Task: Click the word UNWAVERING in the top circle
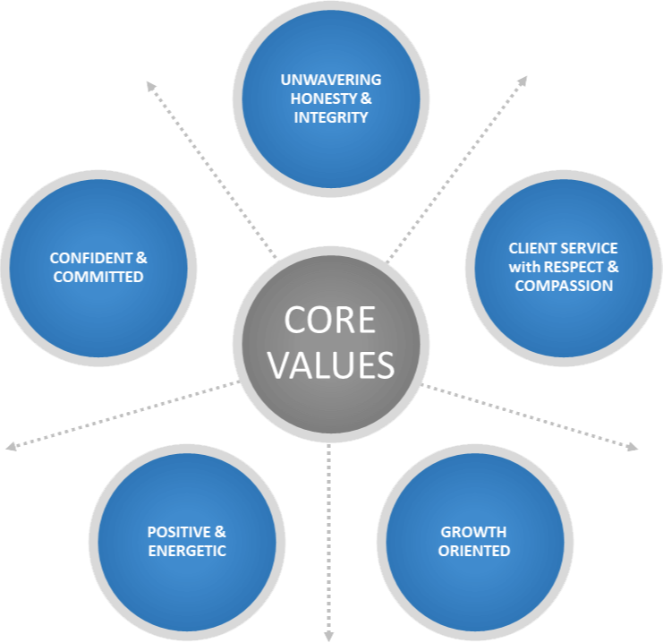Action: point(331,80)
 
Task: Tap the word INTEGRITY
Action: point(331,117)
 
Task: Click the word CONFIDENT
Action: point(91,258)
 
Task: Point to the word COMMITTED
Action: point(98,277)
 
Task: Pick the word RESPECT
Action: point(573,267)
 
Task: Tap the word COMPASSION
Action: point(564,286)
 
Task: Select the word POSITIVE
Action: point(179,532)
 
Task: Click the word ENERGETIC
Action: point(187,551)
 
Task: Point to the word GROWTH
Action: point(473,532)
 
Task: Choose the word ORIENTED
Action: point(474,551)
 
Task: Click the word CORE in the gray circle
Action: point(330,320)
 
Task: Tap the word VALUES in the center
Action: point(331,364)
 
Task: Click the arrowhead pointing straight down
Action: point(329,636)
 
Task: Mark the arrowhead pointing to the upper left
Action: point(150,86)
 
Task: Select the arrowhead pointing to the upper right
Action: point(523,81)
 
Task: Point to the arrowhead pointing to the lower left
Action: point(11,446)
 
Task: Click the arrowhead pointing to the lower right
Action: point(633,447)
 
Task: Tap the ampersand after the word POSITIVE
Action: point(220,532)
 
